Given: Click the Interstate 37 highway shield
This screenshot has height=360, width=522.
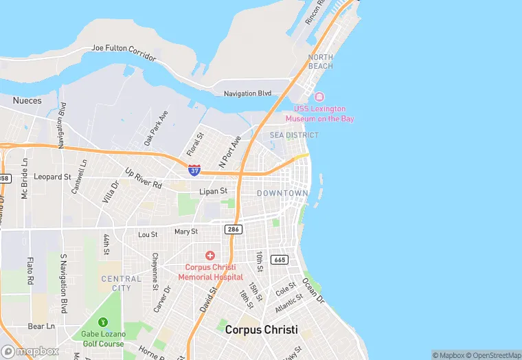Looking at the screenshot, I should [194, 170].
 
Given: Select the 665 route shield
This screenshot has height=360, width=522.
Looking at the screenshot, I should [280, 260].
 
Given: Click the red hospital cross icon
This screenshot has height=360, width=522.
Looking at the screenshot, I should [210, 256].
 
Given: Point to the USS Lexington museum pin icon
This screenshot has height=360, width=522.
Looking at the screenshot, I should [319, 97].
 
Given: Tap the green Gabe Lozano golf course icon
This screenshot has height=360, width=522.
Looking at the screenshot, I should [102, 322].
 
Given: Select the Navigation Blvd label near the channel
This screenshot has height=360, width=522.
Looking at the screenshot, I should [247, 93].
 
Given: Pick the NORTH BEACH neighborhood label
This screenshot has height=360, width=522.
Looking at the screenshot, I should [321, 62].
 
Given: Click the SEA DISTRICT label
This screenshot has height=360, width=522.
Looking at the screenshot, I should [294, 135].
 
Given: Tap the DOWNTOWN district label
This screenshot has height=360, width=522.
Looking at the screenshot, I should [282, 194].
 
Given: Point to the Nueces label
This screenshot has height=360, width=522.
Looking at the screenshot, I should [27, 101].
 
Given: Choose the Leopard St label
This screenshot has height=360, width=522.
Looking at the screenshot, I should [52, 177].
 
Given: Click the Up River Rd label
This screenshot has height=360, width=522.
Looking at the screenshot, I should [143, 179].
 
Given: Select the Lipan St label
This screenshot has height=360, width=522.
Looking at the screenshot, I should [213, 191].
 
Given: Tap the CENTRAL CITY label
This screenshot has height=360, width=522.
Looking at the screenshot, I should [121, 283].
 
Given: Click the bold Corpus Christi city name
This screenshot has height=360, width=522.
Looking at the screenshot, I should [262, 330].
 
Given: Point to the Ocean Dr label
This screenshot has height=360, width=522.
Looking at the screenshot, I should [310, 291].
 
